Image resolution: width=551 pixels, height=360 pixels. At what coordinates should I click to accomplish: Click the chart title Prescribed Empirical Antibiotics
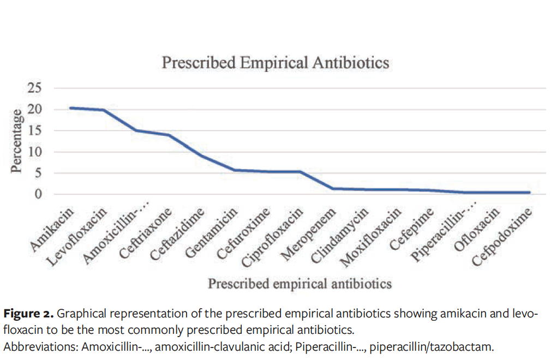click(x=275, y=63)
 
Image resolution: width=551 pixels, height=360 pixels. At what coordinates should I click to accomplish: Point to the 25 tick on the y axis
click(x=43, y=88)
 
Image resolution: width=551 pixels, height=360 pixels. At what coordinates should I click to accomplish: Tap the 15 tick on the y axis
click(x=43, y=131)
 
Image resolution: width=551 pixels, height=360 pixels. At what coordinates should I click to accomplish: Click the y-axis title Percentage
click(x=18, y=141)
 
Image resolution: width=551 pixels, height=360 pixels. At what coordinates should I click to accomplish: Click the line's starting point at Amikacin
click(x=71, y=108)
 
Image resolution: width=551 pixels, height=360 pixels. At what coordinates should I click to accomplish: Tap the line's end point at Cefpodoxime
click(x=529, y=193)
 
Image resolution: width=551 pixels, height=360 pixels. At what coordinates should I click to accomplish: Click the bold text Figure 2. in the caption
click(x=28, y=314)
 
